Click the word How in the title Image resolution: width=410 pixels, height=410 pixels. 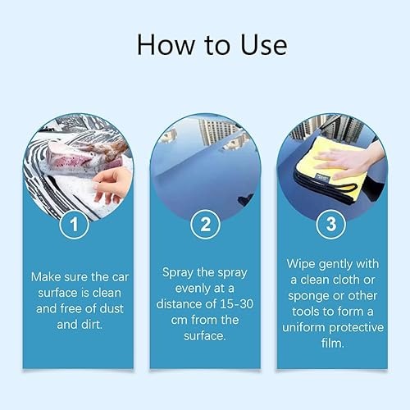coord(165,44)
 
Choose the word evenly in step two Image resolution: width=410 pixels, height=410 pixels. coord(184,287)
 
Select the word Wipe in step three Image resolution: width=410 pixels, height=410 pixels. coord(303,264)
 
